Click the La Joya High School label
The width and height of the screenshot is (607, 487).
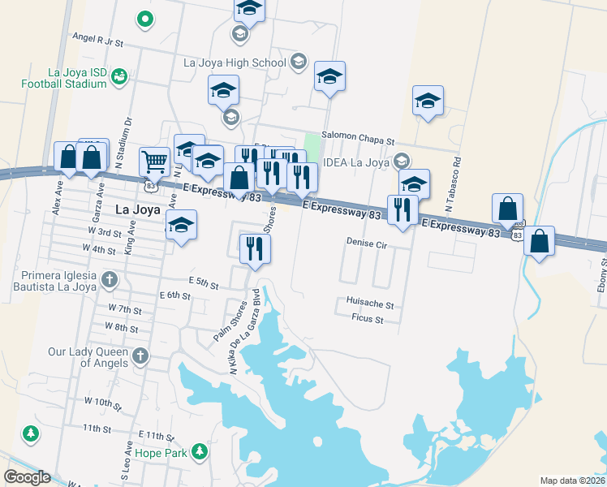click(235, 62)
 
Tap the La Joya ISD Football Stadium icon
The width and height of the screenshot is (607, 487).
click(119, 76)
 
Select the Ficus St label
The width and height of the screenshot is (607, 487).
click(367, 320)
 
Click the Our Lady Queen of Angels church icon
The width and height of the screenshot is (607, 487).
click(140, 355)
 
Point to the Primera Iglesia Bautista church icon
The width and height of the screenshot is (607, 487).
click(110, 280)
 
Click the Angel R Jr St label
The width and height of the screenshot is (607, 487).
click(97, 40)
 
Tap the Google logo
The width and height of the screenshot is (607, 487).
click(27, 477)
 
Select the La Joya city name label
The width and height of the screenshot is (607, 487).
click(134, 209)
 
